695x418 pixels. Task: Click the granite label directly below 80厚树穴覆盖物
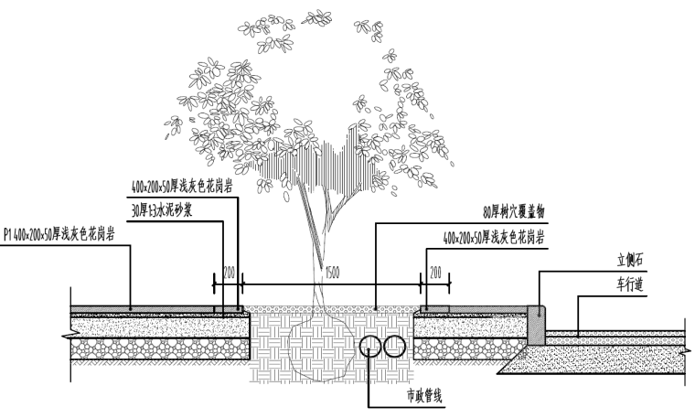click(493, 236)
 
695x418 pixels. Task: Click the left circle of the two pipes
click(371, 346)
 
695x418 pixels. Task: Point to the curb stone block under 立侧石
click(538, 322)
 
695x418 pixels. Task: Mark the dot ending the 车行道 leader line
click(577, 331)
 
